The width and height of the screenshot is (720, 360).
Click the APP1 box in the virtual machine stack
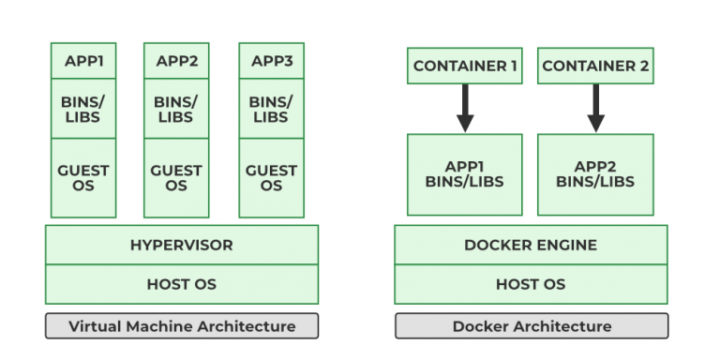83,62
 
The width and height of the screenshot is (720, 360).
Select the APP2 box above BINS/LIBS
176,62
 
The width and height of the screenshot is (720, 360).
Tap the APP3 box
271,62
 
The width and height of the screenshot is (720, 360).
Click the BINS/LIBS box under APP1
83,110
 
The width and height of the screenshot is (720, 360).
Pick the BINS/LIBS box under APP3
271,110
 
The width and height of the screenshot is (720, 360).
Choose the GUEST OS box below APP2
176,178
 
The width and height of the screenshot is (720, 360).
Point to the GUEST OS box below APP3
271,178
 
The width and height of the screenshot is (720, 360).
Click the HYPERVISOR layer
181,246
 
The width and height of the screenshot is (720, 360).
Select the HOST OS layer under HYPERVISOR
181,284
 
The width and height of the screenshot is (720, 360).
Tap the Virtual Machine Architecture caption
181,326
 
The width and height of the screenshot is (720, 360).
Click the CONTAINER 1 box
465,67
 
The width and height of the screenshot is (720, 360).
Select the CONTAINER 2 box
595,67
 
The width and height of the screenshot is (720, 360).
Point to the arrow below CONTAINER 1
465,108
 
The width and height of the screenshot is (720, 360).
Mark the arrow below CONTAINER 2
595,108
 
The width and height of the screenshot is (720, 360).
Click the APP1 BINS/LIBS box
465,174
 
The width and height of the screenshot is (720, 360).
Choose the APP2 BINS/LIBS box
595,174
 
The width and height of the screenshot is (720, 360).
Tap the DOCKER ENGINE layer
531,246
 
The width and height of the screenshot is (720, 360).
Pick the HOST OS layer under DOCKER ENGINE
531,284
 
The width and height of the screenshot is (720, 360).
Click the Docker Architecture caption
531,326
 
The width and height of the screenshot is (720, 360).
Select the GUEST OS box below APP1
83,178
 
